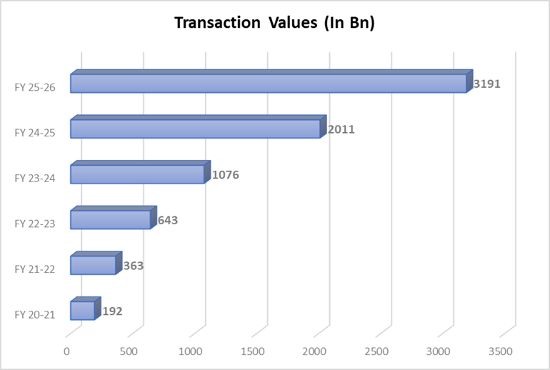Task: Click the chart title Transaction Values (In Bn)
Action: pyautogui.click(x=275, y=24)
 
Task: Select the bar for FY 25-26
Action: pyautogui.click(x=268, y=84)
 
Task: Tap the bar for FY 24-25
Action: pyautogui.click(x=194, y=129)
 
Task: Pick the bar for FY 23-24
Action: pyautogui.click(x=137, y=174)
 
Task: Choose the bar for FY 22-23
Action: pyautogui.click(x=110, y=219)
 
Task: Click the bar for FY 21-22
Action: pyautogui.click(x=93, y=265)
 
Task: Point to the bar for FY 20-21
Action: pyautogui.click(x=82, y=311)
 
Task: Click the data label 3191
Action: pyautogui.click(x=487, y=84)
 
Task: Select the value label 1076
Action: pyautogui.click(x=226, y=175)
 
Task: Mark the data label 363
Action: pyautogui.click(x=133, y=266)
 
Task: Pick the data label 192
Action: pyautogui.click(x=112, y=311)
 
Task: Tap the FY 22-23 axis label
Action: pyautogui.click(x=35, y=224)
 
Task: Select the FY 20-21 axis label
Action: pyautogui.click(x=35, y=314)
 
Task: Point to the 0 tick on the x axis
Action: pyautogui.click(x=66, y=351)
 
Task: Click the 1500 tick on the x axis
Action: pyautogui.click(x=254, y=351)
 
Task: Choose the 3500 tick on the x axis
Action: pyautogui.click(x=501, y=351)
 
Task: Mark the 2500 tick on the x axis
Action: pyautogui.click(x=377, y=351)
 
